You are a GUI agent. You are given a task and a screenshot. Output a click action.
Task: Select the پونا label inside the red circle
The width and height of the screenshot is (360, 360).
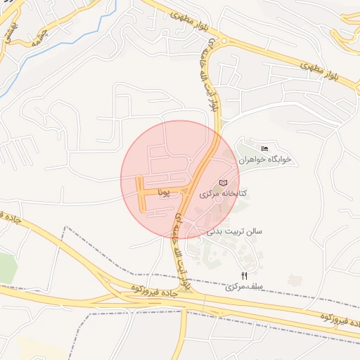point(165,191)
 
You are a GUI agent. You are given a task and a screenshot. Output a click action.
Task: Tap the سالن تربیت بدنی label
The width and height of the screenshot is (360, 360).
point(235,231)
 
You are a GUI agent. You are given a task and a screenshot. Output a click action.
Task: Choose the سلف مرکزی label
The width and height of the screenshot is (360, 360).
point(243,287)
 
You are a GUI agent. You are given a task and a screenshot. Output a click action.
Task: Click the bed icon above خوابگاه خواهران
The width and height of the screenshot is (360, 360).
point(264,148)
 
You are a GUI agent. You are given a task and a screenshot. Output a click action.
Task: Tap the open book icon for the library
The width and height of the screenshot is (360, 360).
point(224,183)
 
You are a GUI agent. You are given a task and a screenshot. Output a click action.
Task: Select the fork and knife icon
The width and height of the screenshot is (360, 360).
point(244,276)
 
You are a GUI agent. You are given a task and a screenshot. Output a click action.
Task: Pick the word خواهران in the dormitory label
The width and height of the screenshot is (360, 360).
point(252,160)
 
